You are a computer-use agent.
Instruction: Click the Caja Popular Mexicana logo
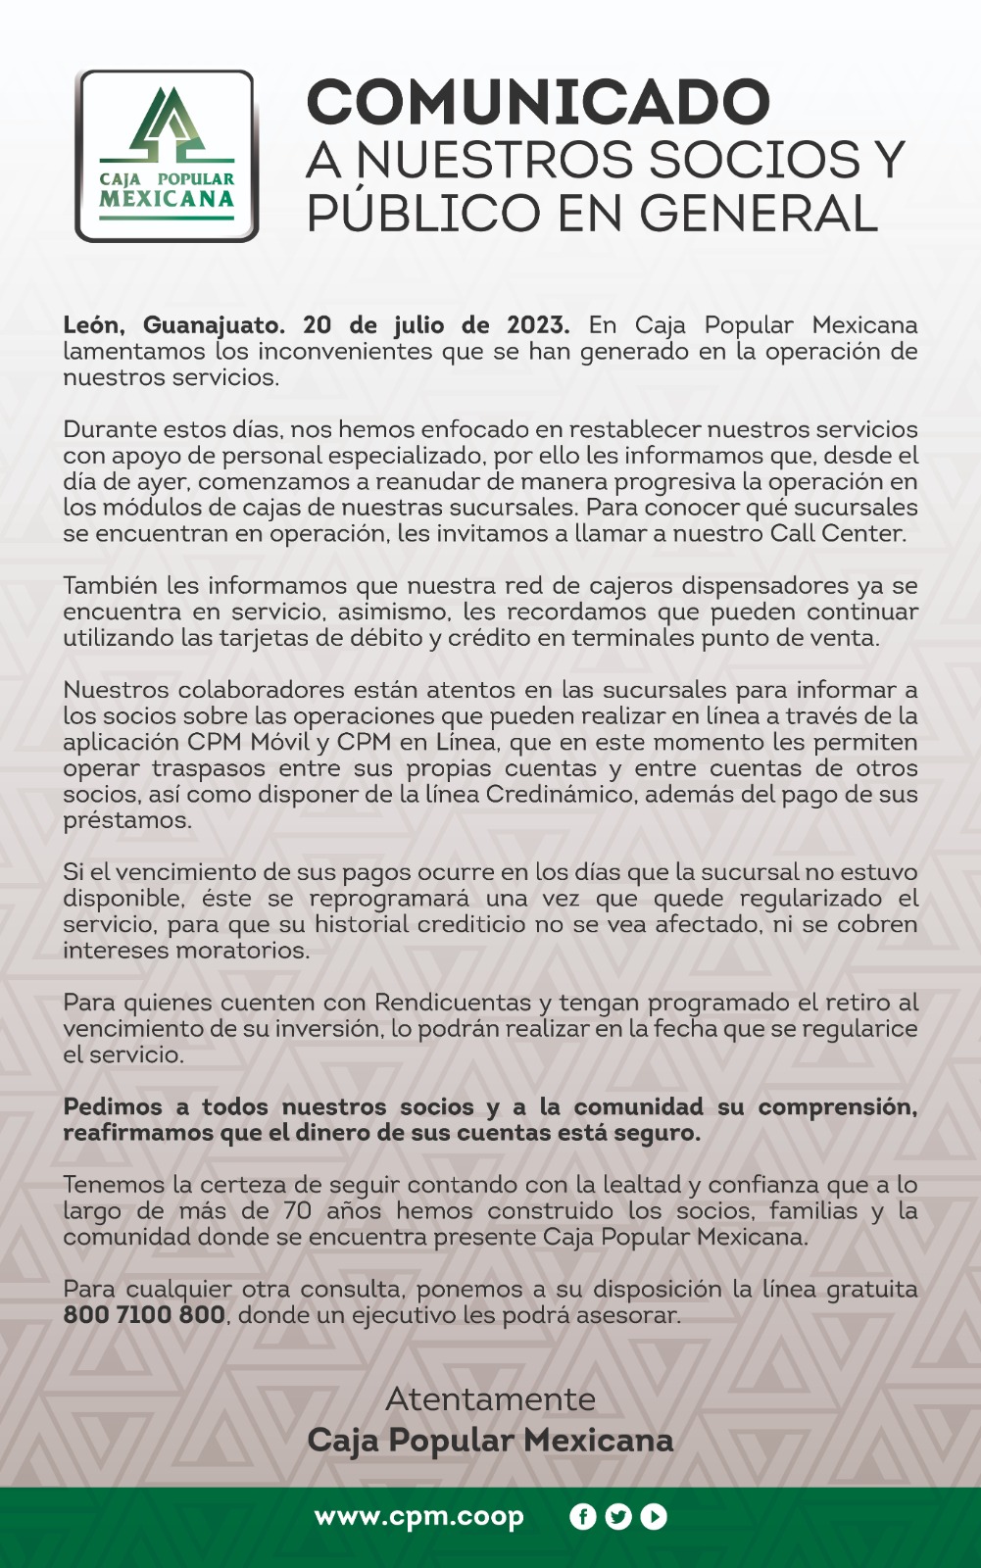coord(167,156)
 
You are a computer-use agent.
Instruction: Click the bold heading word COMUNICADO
coord(538,102)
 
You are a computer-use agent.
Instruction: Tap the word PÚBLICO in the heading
coord(423,214)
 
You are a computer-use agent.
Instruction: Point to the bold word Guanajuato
coord(214,325)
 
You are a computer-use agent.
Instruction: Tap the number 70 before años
coord(297,1211)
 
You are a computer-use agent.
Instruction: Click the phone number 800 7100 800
coord(144,1315)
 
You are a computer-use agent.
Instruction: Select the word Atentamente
coord(490,1398)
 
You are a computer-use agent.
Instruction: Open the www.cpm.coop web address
coord(418,1517)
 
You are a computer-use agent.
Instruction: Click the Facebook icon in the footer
coord(582,1517)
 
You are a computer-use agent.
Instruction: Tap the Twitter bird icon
coord(617,1517)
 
